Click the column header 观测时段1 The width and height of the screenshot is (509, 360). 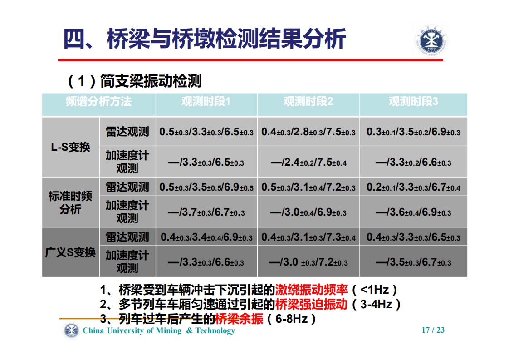206,102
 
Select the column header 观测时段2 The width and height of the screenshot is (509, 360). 308,102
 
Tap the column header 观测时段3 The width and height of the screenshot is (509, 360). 413,102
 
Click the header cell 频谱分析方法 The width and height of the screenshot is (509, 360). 98,102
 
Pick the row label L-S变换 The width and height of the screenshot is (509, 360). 70,148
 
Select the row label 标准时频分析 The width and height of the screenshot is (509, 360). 70,202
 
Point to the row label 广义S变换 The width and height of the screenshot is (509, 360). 70,252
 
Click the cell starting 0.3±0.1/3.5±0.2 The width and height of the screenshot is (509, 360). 413,132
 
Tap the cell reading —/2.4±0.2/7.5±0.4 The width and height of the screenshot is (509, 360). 308,162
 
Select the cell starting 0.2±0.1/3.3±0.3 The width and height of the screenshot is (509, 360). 413,187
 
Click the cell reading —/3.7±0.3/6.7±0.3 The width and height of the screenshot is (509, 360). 206,212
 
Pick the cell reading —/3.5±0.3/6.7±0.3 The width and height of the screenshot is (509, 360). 413,262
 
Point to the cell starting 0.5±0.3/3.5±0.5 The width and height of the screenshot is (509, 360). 206,187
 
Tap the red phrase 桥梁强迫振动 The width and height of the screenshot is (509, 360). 311,304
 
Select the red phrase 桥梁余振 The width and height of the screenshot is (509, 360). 239,319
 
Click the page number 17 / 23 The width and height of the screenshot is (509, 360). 433,330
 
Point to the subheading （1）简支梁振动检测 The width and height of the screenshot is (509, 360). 134,81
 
